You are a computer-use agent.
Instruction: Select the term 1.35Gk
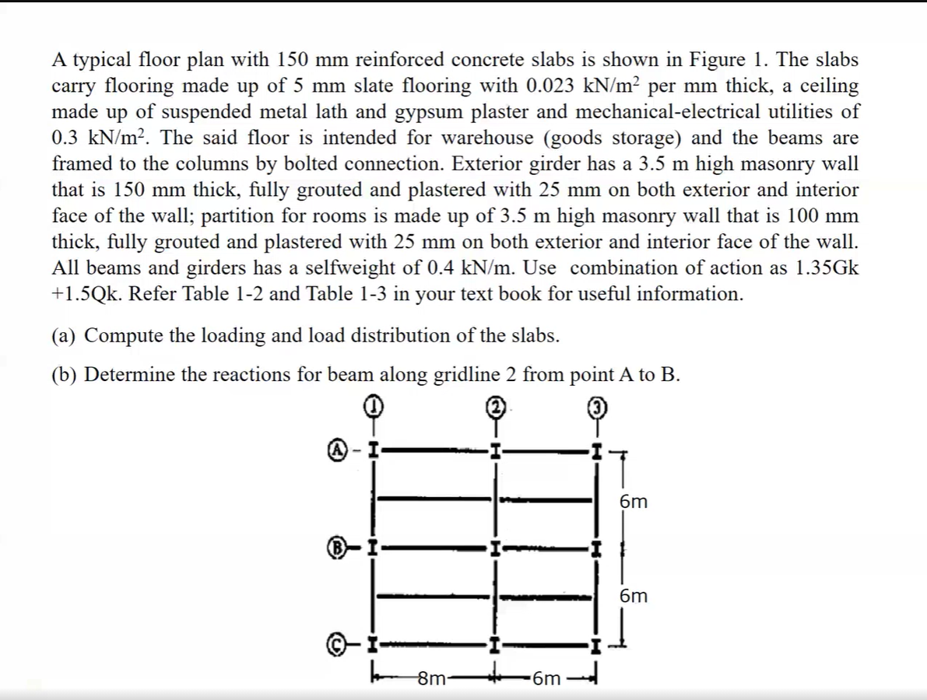point(828,268)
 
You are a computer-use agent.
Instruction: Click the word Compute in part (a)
point(123,336)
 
